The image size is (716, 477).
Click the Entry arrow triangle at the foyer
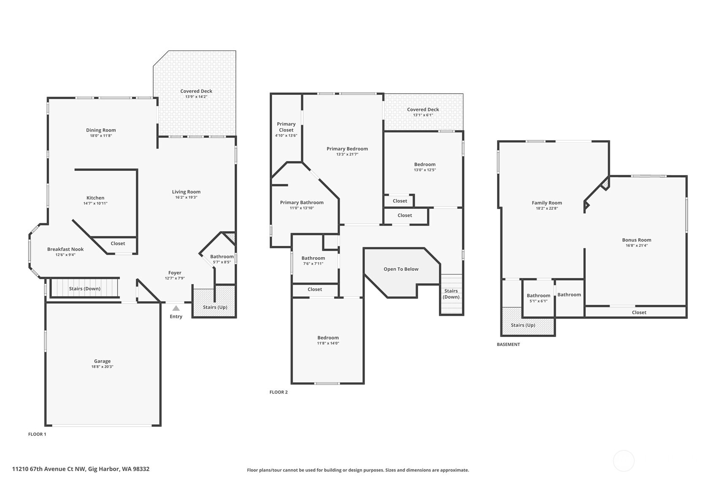coord(176,308)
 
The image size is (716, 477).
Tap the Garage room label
coord(102,361)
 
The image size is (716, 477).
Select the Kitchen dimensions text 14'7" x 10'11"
coord(95,203)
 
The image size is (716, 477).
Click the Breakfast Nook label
coord(65,249)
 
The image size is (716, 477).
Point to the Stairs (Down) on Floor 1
coord(85,288)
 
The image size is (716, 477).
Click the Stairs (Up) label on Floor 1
coord(215,307)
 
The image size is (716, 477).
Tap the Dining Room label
coord(101,130)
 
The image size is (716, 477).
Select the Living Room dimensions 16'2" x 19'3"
coord(186,197)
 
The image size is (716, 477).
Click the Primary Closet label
coord(286,127)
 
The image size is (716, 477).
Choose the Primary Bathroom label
coord(302,202)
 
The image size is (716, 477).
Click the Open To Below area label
coord(401,269)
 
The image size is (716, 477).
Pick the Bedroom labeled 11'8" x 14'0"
coord(328,340)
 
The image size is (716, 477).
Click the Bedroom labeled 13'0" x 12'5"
coord(424,167)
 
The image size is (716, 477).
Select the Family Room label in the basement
coord(547,203)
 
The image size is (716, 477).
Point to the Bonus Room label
coord(636,240)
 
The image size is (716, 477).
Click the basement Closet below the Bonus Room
coord(639,313)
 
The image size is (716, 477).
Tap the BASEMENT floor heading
coord(508,345)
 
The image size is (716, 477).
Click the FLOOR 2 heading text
coord(278,392)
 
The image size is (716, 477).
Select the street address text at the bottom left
coord(81,469)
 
